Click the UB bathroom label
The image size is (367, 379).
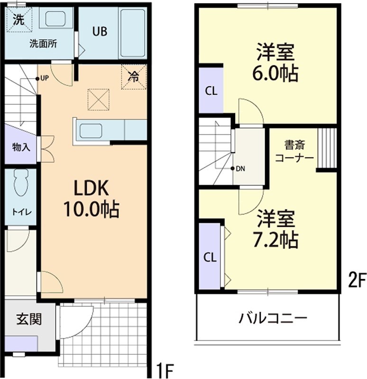(100, 32)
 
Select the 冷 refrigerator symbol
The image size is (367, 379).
(134, 76)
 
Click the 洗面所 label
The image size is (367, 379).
(43, 45)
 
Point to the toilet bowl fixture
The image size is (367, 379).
(22, 182)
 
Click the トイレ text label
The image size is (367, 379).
(21, 212)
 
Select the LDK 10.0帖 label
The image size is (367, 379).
(95, 198)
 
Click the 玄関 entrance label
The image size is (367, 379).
(28, 319)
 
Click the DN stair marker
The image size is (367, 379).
(239, 168)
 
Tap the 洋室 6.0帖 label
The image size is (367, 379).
(277, 62)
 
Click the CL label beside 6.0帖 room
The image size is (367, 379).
(211, 91)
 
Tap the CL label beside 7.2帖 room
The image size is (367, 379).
(210, 257)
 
